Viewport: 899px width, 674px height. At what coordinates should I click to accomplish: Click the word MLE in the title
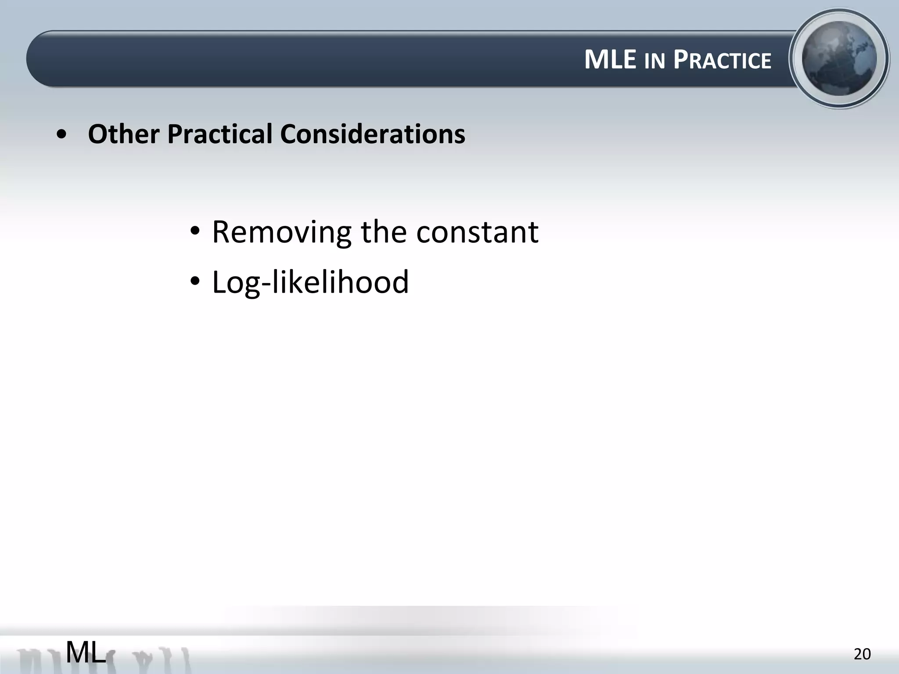click(610, 60)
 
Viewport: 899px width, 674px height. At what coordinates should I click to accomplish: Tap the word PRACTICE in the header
click(722, 60)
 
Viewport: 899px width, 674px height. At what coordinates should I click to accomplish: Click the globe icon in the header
click(839, 58)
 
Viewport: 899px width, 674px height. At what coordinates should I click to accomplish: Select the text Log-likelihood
click(310, 282)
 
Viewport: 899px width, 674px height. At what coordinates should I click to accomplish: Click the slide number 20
click(862, 654)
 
